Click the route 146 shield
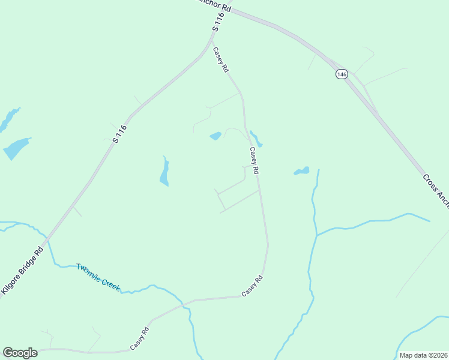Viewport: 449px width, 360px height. click(342, 74)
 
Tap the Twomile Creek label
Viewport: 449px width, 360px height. click(98, 277)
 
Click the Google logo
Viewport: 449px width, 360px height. click(20, 352)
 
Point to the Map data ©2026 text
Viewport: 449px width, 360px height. click(423, 355)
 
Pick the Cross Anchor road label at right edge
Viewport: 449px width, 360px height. click(436, 190)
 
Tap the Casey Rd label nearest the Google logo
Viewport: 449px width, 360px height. click(139, 340)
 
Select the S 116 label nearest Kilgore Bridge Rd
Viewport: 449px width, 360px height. click(120, 133)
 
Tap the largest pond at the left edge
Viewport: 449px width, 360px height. click(16, 148)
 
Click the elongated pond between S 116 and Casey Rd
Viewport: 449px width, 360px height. click(164, 172)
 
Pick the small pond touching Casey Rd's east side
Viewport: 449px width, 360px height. click(256, 139)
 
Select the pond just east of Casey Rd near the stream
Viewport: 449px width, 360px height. click(302, 172)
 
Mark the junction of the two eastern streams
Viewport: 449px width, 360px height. click(316, 235)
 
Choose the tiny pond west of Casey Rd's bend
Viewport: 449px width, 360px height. click(215, 136)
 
